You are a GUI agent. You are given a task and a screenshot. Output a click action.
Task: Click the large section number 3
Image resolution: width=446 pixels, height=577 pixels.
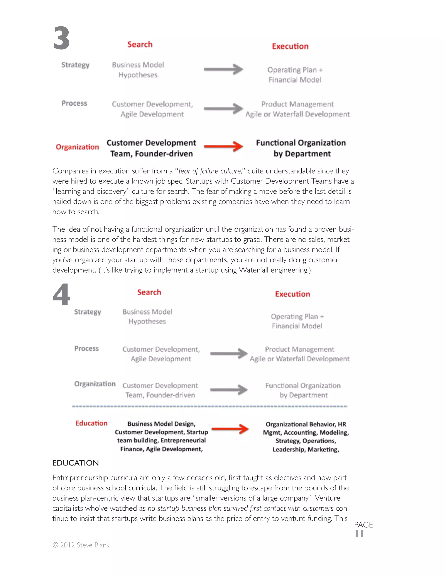point(61,38)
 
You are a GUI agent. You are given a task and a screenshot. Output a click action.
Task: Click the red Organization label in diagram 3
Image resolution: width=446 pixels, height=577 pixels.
point(77,147)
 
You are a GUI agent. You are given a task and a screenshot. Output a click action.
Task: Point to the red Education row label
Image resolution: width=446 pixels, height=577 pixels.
point(91,423)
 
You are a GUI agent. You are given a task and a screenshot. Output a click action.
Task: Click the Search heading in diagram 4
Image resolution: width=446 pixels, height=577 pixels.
point(149,292)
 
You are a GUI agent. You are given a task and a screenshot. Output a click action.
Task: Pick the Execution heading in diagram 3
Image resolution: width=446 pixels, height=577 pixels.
point(290,46)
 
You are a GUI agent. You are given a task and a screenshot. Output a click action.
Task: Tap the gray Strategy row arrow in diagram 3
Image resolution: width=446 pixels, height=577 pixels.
point(223,69)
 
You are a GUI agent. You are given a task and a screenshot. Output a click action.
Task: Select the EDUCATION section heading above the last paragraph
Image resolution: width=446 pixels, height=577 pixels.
point(76,463)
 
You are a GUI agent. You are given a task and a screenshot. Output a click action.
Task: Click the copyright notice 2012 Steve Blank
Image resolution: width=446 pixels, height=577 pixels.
point(81,545)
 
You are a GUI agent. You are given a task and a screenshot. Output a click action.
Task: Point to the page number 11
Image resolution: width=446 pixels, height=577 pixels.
point(359,534)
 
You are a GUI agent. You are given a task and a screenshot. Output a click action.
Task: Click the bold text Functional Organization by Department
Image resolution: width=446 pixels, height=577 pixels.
point(301,148)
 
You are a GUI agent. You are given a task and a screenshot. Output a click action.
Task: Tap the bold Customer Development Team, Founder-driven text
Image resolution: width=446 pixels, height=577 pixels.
point(151,148)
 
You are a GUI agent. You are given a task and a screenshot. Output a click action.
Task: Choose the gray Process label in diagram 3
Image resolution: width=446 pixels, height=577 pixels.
point(74,103)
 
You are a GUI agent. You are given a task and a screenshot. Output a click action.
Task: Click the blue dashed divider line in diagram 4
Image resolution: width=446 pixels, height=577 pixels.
point(209,406)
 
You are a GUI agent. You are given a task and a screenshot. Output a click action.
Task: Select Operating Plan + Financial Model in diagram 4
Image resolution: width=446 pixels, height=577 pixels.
point(297,321)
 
